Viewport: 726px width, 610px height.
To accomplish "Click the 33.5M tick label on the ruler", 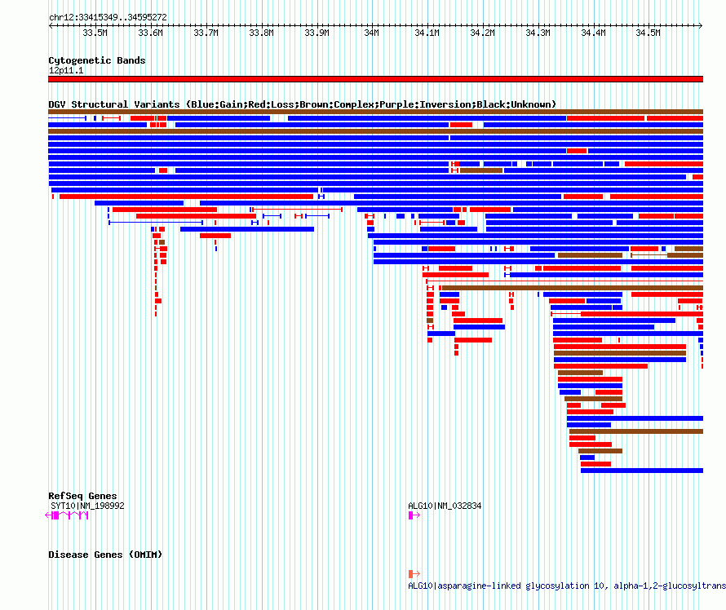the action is pos(95,33).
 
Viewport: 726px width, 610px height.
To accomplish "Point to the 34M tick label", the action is pos(371,33).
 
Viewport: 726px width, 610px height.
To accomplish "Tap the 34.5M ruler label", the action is pos(648,33).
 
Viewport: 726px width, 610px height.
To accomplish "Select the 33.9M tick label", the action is pos(317,33).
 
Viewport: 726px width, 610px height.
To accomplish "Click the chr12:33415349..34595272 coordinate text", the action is pos(108,17).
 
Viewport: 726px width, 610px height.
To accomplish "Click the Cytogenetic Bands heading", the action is pos(97,60).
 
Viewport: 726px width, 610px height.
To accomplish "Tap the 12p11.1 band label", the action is pos(66,70).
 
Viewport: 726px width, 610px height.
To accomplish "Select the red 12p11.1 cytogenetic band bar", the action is pos(375,79).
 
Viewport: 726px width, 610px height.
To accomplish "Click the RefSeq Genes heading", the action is pos(82,496).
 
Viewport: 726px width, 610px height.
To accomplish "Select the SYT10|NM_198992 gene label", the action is pos(87,506).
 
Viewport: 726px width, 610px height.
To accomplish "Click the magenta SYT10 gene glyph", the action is pos(67,515).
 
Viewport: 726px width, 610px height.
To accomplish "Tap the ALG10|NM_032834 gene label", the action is pos(445,506).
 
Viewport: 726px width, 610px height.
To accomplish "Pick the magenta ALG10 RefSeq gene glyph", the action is pos(414,515).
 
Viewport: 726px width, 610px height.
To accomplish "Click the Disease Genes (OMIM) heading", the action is pos(105,555).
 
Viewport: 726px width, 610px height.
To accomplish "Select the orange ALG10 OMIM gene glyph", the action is pos(414,574).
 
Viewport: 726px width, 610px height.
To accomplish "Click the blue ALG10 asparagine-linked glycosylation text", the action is pos(567,586).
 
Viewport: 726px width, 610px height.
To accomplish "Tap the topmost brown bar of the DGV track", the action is pos(375,112).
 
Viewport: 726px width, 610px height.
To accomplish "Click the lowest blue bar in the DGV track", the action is pos(642,471).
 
